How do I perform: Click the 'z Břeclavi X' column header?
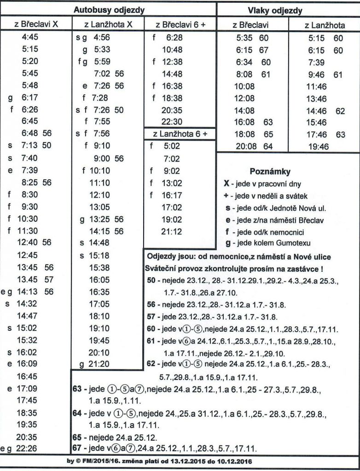pos(35,24)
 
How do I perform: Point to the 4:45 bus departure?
pos(30,38)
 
